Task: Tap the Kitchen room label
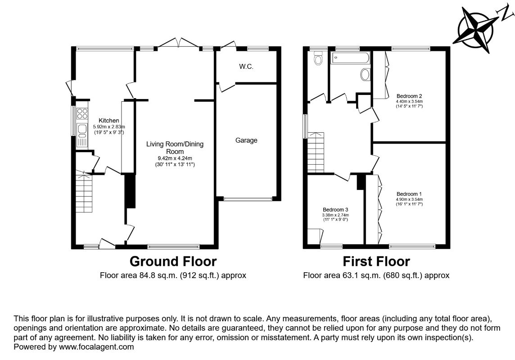tap(108, 121)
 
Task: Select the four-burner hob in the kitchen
tap(82, 113)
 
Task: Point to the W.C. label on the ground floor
tap(246, 67)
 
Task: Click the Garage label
tap(246, 140)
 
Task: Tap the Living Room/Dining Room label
tap(175, 148)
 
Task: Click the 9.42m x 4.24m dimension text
tap(175, 158)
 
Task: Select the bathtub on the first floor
tap(350, 58)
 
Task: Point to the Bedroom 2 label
tap(409, 96)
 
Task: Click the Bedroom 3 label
tap(335, 210)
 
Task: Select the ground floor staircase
tap(84, 192)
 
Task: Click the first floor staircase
tap(316, 152)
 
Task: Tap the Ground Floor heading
tap(173, 261)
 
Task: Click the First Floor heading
tap(376, 261)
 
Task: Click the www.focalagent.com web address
tap(96, 347)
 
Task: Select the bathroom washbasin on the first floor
tap(365, 74)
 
